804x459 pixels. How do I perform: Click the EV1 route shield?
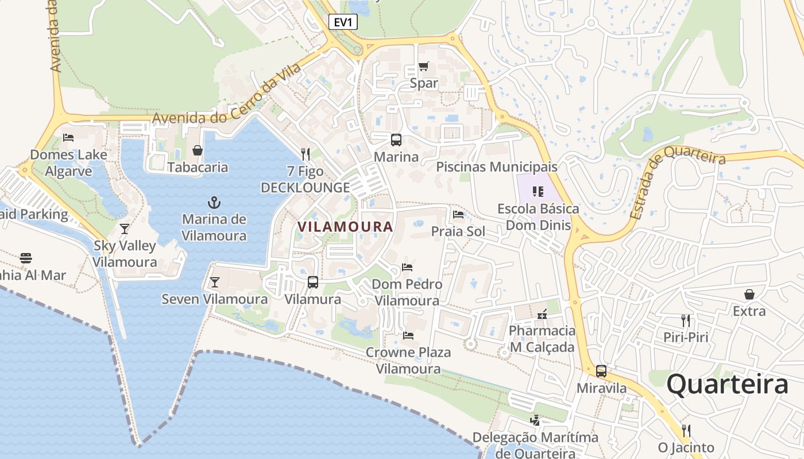(x=343, y=22)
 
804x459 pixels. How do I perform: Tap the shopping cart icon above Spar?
(x=424, y=66)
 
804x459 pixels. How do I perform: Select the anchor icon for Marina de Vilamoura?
(x=214, y=203)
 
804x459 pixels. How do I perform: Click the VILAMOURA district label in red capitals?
(x=345, y=227)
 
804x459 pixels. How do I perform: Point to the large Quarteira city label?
(x=727, y=384)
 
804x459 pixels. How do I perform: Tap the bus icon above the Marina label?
(x=396, y=139)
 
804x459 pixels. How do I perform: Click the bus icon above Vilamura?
(x=313, y=282)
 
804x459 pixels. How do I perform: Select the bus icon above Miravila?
(x=601, y=371)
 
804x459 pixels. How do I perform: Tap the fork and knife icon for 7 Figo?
(x=306, y=154)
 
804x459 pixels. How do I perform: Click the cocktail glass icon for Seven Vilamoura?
(x=215, y=282)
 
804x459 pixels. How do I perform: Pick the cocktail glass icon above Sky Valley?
(x=125, y=229)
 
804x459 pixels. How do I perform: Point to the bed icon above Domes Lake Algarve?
(x=68, y=138)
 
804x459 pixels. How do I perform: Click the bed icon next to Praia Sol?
(x=458, y=215)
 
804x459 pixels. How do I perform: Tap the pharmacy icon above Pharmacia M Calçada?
(x=542, y=314)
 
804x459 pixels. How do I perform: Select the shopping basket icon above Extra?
(x=749, y=294)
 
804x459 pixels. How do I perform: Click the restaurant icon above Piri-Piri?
(x=686, y=320)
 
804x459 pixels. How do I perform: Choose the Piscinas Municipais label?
(x=497, y=167)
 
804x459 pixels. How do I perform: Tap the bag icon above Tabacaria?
(x=198, y=150)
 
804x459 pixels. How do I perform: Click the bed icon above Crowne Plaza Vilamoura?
(x=408, y=335)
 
